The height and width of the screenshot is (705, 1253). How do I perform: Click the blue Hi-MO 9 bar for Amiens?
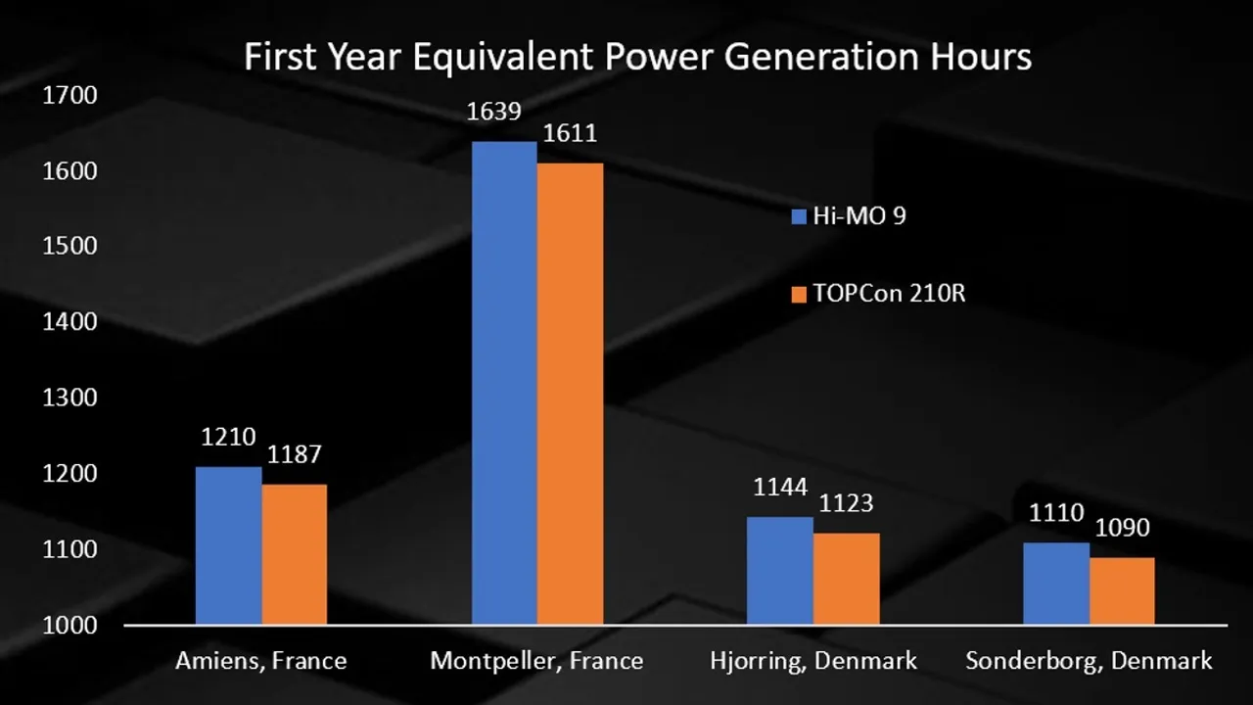228,545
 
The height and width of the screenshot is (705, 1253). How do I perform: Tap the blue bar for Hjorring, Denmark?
779,571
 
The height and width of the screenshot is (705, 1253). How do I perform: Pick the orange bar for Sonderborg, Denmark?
1122,590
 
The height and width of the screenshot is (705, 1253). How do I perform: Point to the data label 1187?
294,454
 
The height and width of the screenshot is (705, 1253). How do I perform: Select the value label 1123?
846,503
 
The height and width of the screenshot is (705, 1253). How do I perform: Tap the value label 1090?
1122,528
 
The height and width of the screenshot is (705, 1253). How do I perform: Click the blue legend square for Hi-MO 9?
799,216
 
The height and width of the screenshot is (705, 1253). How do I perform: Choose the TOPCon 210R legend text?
889,293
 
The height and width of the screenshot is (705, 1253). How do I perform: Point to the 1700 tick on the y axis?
70,96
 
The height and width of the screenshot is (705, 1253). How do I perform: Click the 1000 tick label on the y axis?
70,626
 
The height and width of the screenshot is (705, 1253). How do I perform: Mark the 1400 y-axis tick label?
70,322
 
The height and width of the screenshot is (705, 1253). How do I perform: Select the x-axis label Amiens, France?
260,661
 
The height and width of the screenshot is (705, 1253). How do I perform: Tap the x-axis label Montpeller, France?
536,661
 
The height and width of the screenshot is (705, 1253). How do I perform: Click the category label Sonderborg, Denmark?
1089,661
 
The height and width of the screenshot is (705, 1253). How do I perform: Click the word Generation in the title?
821,57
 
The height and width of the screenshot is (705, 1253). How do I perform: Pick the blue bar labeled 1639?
504,383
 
